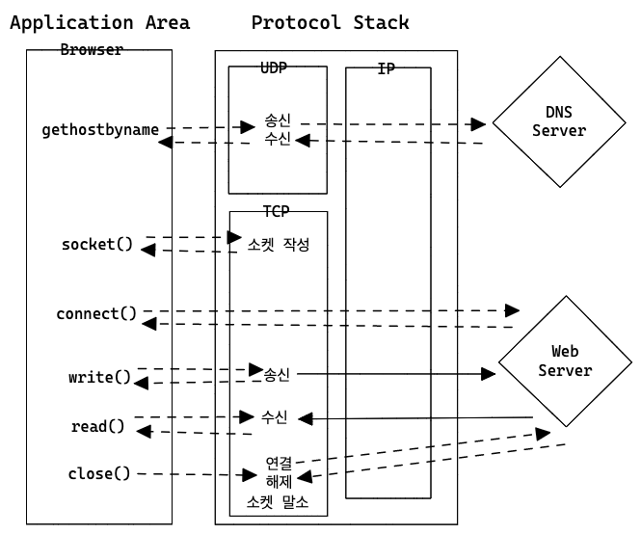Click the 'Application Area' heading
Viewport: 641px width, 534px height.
click(x=99, y=22)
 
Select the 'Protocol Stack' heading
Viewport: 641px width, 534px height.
click(x=330, y=22)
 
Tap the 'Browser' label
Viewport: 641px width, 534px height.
click(x=92, y=50)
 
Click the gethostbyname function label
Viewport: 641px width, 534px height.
click(x=100, y=129)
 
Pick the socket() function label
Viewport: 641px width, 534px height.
click(x=97, y=244)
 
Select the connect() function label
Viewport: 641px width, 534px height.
click(x=96, y=314)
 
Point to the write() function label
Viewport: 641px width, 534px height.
click(x=99, y=377)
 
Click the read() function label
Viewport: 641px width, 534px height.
click(x=98, y=426)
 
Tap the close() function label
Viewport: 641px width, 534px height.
click(x=99, y=473)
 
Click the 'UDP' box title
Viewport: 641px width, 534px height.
click(x=274, y=67)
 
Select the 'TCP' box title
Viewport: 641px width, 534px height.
click(x=277, y=210)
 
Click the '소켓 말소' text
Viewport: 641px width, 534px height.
click(x=279, y=502)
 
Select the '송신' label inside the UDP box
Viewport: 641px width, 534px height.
click(x=279, y=123)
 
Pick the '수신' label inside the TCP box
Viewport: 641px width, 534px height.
click(x=275, y=417)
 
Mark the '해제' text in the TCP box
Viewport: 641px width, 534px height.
click(x=279, y=481)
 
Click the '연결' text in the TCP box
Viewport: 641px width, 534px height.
click(x=279, y=463)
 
